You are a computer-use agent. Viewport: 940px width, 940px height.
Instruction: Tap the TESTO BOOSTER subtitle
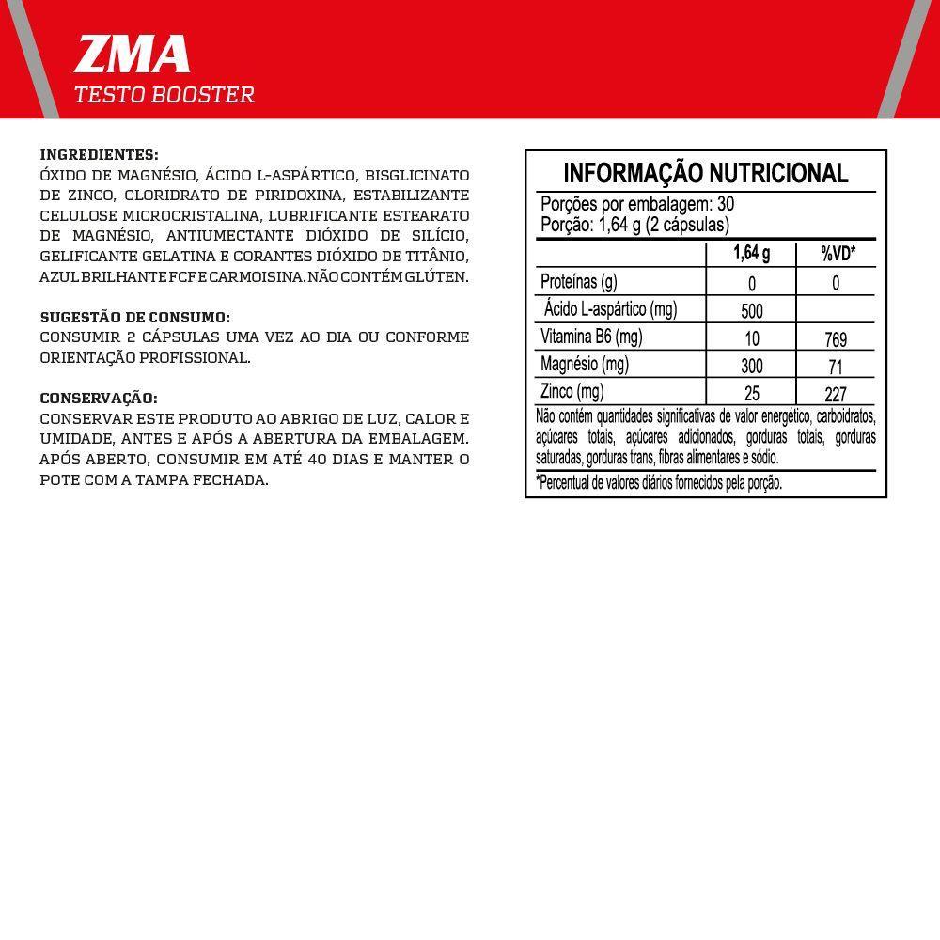coord(164,95)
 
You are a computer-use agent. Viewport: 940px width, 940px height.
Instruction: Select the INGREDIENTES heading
coord(100,155)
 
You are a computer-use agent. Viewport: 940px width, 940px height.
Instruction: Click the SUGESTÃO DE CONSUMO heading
coord(135,318)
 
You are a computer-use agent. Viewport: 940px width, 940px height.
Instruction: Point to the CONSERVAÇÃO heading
coord(99,399)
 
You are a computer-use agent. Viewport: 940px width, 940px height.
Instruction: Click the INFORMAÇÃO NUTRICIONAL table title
coord(705,173)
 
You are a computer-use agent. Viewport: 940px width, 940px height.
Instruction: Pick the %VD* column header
coord(838,254)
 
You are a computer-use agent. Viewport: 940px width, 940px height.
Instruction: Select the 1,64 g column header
coord(751,254)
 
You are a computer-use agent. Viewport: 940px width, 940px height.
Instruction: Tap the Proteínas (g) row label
coord(579,282)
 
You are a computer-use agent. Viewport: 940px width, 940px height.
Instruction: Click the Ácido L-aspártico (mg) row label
coord(610,309)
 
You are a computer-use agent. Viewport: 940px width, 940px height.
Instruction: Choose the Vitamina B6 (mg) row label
coord(591,337)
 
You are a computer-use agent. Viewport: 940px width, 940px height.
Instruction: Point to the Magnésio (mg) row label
coord(585,365)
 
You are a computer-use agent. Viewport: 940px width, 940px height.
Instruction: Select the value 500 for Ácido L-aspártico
coord(751,311)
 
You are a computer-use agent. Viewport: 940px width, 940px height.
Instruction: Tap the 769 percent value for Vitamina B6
coord(836,339)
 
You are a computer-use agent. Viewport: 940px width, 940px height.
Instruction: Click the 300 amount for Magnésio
coord(751,367)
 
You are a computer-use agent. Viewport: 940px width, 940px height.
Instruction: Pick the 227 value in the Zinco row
coord(836,395)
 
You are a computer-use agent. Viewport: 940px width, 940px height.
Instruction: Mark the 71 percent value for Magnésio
coord(836,367)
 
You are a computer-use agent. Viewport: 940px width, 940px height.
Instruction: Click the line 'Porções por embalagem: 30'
coord(637,205)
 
